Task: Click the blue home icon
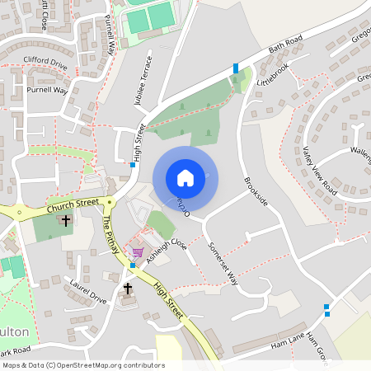click(185, 178)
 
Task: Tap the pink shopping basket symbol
click(137, 252)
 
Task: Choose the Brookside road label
click(256, 190)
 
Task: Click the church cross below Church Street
click(65, 221)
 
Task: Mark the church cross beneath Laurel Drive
click(127, 289)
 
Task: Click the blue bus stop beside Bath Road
click(236, 68)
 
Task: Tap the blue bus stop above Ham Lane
click(327, 309)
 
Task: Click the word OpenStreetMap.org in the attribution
click(106, 364)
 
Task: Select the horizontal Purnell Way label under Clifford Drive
click(47, 89)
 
